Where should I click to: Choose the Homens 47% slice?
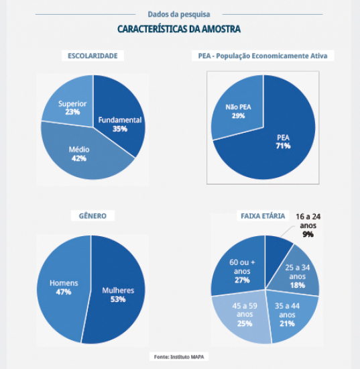[x=64, y=289]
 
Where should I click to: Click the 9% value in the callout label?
[x=308, y=234]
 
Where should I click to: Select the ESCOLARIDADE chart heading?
[x=93, y=56]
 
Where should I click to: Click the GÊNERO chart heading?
[x=93, y=216]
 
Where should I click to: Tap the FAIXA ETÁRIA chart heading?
[x=263, y=216]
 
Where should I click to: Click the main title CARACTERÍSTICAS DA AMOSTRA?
[x=179, y=29]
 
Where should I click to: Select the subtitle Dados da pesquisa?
[x=179, y=14]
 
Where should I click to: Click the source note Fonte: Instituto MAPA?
[x=179, y=357]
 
